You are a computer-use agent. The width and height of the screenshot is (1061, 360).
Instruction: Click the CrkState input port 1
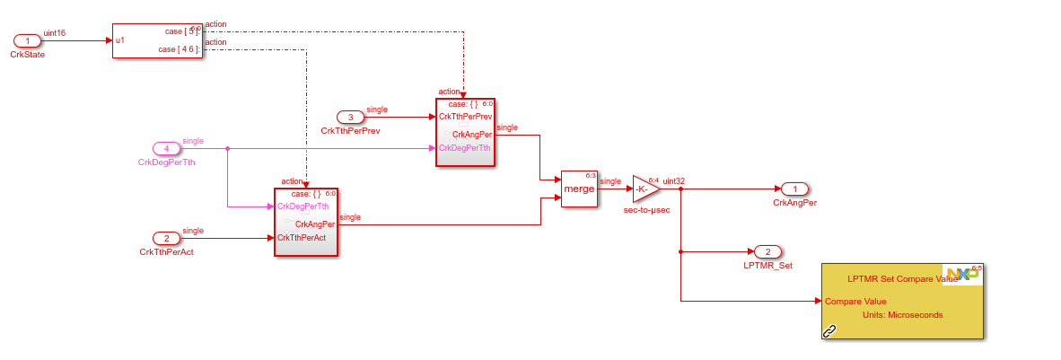coord(27,41)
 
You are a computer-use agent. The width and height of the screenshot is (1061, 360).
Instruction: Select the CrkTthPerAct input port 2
coord(166,238)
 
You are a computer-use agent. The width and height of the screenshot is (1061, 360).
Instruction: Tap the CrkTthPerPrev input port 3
coord(351,117)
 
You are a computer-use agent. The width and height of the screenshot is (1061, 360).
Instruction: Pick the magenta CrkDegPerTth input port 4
coord(166,148)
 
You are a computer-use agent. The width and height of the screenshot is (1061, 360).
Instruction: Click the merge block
coord(579,189)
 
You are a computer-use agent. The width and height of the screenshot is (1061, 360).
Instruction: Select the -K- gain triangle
coord(644,189)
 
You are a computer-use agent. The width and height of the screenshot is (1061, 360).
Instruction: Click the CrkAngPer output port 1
coord(794,189)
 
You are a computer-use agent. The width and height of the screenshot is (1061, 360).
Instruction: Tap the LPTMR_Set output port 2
coord(767,251)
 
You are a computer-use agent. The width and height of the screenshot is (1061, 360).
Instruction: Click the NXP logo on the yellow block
coord(962,274)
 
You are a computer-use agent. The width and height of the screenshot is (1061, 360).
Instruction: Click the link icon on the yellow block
coord(830,331)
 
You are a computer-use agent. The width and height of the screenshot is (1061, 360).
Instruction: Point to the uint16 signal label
coord(55,33)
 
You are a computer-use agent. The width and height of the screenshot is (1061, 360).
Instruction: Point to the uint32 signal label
coord(674,181)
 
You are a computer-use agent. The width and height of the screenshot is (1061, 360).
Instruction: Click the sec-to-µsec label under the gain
coord(646,215)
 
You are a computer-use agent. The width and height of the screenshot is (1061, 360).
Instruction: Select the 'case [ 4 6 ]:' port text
coord(179,49)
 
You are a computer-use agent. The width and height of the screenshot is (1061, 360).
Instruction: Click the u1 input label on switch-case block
coord(120,40)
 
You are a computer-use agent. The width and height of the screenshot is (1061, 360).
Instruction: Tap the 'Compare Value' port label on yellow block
coord(855,302)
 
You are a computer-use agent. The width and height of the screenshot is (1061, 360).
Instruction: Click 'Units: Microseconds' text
coord(902,315)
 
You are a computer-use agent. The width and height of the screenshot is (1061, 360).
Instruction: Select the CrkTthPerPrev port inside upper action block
coord(465,117)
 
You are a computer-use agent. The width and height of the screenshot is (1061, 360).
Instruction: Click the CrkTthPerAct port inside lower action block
coord(302,238)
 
